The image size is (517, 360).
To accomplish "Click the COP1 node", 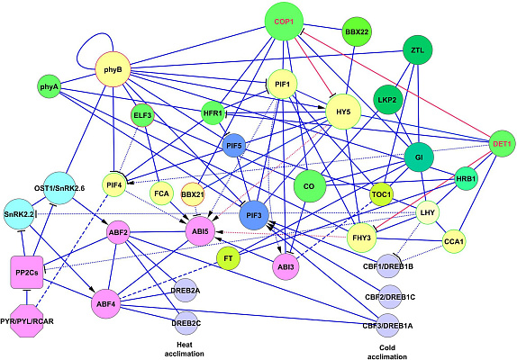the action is [x=284, y=22].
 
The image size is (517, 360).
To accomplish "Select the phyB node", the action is [x=113, y=70].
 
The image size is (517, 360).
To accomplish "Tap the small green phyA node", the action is [x=49, y=87].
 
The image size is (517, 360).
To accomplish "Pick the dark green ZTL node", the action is [x=417, y=50].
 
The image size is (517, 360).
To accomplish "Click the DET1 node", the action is [x=502, y=144].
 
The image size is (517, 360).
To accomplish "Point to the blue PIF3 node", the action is [x=254, y=215].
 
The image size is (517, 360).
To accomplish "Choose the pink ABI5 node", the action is [x=200, y=231].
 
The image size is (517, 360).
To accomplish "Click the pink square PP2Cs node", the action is [x=27, y=273].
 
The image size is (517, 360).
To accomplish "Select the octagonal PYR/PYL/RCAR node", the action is [x=27, y=320].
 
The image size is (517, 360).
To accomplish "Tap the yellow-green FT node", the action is [x=228, y=258].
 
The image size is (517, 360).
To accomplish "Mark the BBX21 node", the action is [x=193, y=194].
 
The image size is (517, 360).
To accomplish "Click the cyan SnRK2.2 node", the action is [x=19, y=214].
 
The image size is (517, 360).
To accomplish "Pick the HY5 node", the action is [x=343, y=112].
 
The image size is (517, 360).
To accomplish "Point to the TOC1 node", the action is [x=381, y=194].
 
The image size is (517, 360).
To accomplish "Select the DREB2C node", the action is [x=186, y=323].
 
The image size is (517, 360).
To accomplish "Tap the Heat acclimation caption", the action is [x=185, y=349].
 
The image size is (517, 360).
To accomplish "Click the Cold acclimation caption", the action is [x=387, y=352].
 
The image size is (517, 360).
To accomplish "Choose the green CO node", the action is [x=309, y=186].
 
